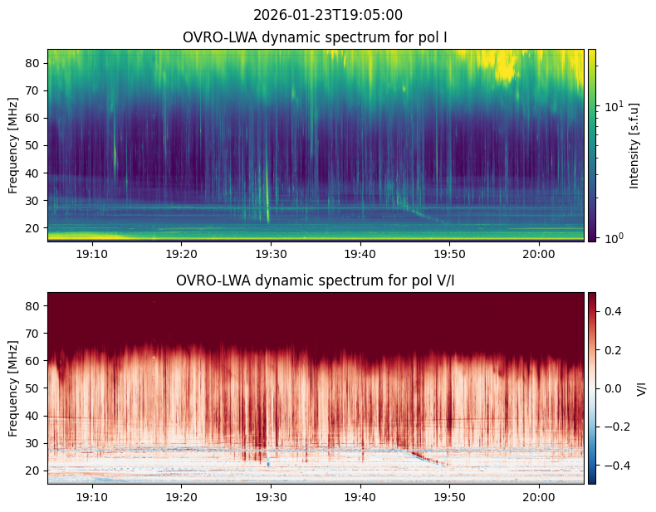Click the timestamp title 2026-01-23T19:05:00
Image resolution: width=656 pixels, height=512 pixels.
[x=327, y=15]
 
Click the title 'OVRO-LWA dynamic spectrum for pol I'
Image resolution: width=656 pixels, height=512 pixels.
[x=316, y=37]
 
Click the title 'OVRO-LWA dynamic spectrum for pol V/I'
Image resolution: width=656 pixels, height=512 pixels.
[x=316, y=280]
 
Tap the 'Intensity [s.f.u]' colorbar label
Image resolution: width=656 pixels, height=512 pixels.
[x=636, y=145]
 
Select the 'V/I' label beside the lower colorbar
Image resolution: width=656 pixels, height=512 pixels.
[x=641, y=388]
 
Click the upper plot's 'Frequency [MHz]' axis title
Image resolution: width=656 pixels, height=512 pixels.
[x=13, y=145]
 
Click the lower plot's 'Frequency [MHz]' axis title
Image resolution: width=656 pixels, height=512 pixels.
[x=13, y=388]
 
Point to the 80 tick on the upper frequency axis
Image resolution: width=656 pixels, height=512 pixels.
[x=36, y=63]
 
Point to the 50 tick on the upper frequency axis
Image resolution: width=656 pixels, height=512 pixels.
[x=36, y=144]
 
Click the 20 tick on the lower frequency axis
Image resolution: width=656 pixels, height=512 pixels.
[x=36, y=470]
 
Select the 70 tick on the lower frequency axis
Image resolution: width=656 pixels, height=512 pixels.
[x=36, y=334]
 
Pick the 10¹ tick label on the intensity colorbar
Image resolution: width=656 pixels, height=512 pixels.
[x=613, y=106]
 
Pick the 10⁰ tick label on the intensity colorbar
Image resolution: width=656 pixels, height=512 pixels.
[x=613, y=238]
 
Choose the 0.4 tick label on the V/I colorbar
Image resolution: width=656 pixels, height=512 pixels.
[x=612, y=310]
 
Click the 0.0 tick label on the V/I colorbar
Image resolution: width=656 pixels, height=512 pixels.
[x=612, y=388]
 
